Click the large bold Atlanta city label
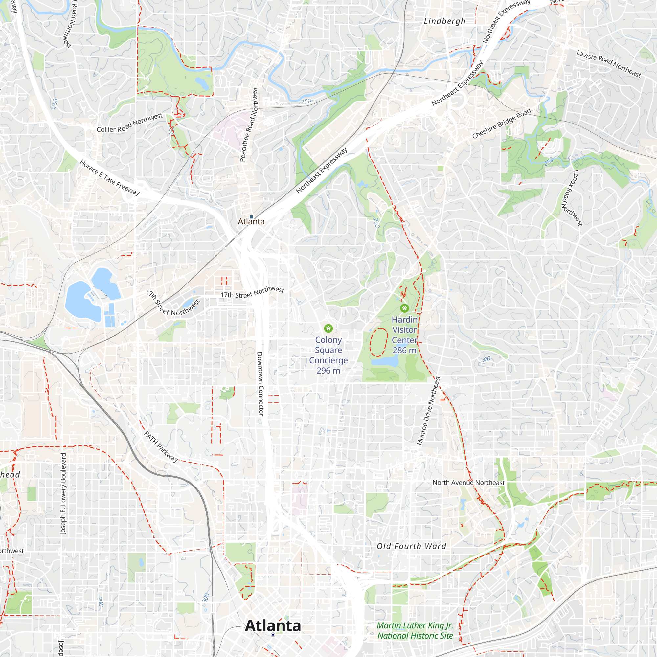[273, 626]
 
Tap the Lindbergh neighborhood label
[444, 21]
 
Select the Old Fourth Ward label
[411, 546]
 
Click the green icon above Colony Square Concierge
[328, 328]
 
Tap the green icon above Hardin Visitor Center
[404, 308]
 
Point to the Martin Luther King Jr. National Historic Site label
[415, 630]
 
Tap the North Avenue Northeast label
[468, 483]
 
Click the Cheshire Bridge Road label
[501, 124]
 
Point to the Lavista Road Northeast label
[608, 64]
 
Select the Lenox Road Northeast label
[577, 198]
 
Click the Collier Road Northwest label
[129, 123]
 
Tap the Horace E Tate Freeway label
[109, 177]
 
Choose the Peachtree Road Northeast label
[249, 125]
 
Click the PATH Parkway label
[161, 446]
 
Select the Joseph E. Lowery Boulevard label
[63, 493]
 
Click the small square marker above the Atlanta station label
[251, 217]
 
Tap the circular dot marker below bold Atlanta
[273, 635]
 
